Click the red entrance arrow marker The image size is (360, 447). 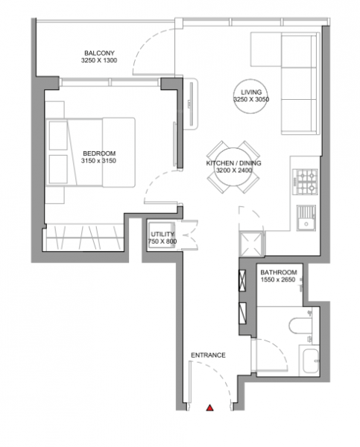click(210, 408)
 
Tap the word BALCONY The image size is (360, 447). click(99, 52)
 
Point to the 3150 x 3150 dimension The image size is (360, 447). click(98, 161)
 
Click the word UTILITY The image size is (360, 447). click(161, 233)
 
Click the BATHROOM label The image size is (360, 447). click(279, 273)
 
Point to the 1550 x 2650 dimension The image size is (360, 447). click(279, 282)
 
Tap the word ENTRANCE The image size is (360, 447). click(208, 355)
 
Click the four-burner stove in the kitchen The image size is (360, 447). click(306, 180)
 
